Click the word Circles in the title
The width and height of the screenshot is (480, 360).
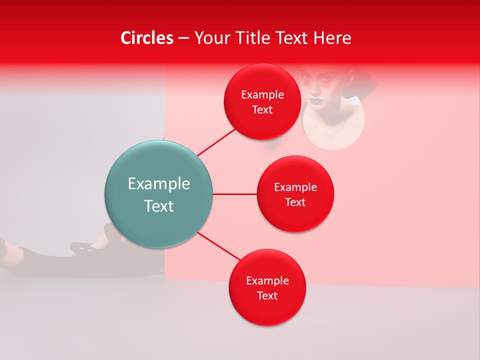pyautogui.click(x=147, y=38)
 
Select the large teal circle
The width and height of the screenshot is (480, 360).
pyautogui.click(x=158, y=194)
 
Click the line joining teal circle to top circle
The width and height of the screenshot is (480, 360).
pyautogui.click(x=216, y=142)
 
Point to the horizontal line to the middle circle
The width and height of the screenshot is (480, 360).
pyautogui.click(x=234, y=194)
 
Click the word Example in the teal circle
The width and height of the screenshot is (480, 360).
pyautogui.click(x=158, y=183)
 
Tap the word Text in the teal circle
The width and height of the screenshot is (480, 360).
pyautogui.click(x=158, y=206)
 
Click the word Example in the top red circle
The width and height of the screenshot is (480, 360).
pyautogui.click(x=262, y=94)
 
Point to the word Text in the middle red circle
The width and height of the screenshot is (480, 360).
pyautogui.click(x=295, y=202)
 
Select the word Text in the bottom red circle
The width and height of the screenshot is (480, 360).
pyautogui.click(x=267, y=295)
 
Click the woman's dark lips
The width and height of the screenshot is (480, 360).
pyautogui.click(x=316, y=100)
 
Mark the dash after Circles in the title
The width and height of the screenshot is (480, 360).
pyautogui.click(x=183, y=38)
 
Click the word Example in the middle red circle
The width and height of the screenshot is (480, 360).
pyautogui.click(x=295, y=187)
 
